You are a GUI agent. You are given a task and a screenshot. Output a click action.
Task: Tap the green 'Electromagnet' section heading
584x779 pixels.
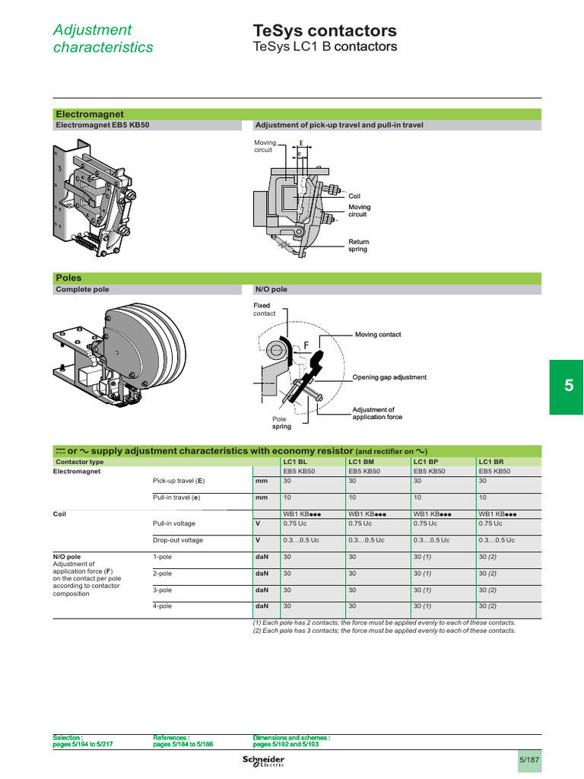pos(89,113)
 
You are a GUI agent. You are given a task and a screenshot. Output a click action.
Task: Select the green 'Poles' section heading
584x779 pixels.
pos(68,278)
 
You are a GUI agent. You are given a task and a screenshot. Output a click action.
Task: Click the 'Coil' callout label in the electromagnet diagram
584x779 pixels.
pos(354,196)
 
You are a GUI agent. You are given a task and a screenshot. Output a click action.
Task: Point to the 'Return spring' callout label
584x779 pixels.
pos(358,246)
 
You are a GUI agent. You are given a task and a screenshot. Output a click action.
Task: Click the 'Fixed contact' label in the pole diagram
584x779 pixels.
pos(265,309)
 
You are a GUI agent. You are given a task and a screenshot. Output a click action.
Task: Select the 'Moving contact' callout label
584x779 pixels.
pos(377,335)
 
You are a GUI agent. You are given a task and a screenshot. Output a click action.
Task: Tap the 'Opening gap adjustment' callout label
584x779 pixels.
pos(389,377)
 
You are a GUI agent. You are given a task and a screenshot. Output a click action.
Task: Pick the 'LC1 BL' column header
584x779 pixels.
pos(295,462)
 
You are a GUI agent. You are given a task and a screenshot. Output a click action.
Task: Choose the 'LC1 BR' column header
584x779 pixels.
pos(490,462)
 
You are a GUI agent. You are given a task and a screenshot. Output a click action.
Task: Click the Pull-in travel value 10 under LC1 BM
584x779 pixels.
pos(353,498)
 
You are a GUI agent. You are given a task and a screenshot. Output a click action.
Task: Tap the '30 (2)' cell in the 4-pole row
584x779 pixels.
pos(487,606)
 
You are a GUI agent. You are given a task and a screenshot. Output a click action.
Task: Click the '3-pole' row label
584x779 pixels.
pos(163,590)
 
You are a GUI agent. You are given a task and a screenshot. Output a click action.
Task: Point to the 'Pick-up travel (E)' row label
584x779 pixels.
pos(179,482)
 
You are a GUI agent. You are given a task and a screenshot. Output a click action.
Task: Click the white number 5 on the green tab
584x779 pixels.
pos(568,386)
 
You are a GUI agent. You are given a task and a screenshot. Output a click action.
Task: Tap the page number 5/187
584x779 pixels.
pos(528,760)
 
